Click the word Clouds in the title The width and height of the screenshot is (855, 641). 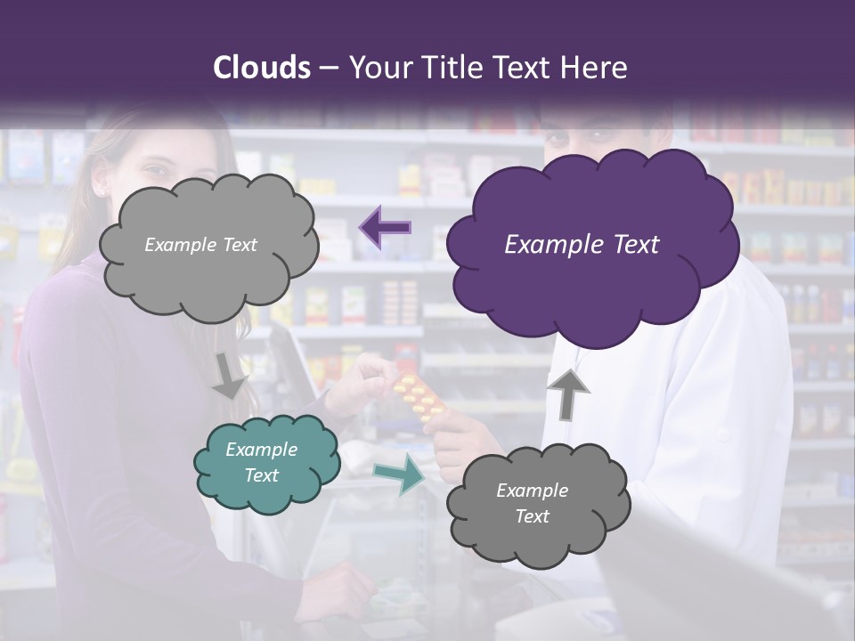[x=260, y=68]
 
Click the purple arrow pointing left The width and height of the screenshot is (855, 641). [x=385, y=227]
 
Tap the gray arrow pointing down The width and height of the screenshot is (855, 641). [x=230, y=375]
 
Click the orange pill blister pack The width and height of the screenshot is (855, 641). [x=419, y=397]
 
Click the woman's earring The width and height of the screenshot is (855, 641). [x=101, y=191]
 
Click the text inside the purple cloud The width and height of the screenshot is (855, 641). [x=582, y=245]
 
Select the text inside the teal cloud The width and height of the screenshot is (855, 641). [x=261, y=462]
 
